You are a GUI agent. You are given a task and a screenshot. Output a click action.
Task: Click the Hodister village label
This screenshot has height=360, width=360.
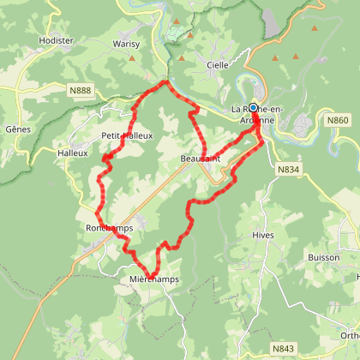pos(57,39)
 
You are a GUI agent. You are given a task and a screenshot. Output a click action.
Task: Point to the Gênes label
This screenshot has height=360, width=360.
pos(17,128)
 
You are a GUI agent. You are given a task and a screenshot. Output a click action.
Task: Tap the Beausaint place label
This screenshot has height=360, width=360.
pos(201,159)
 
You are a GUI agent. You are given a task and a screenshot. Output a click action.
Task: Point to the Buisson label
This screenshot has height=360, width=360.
pos(322,257)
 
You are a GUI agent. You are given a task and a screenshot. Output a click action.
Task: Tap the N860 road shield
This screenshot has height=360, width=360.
pos(337,121)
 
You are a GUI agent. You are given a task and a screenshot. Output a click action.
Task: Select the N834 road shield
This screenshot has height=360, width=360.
pos(288,171)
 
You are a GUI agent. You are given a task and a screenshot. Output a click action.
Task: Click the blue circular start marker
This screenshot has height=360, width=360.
pos(253,108)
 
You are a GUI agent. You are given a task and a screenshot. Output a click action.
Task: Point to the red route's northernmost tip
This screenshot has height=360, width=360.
pos(165,81)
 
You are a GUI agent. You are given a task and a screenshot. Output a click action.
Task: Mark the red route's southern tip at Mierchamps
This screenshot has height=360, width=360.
pos(149,276)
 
